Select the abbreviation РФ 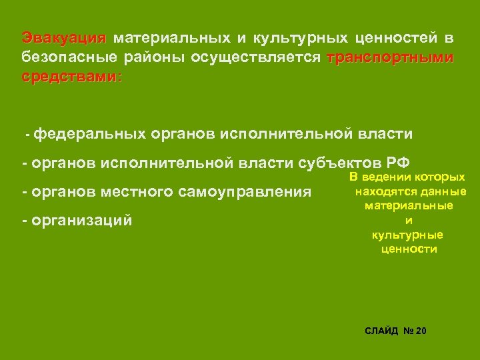click(397, 163)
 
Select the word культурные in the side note click(409, 235)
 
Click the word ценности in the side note click(409, 249)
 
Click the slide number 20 click(420, 331)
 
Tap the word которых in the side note click(439, 177)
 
